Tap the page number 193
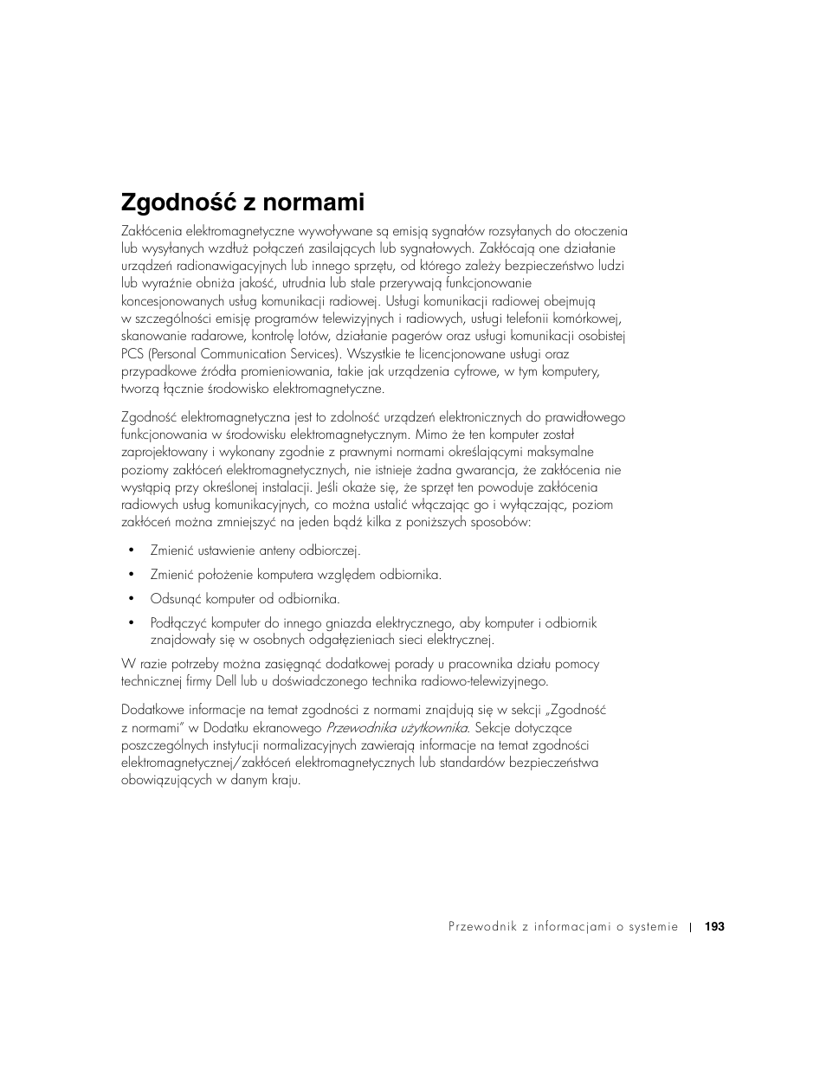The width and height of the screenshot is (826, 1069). [x=714, y=926]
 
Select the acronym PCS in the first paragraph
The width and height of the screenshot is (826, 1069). [x=132, y=354]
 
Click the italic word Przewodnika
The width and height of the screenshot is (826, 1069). [x=362, y=728]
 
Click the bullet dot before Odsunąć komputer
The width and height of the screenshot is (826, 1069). [x=132, y=598]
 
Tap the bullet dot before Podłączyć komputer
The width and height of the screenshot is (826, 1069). [x=132, y=622]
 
